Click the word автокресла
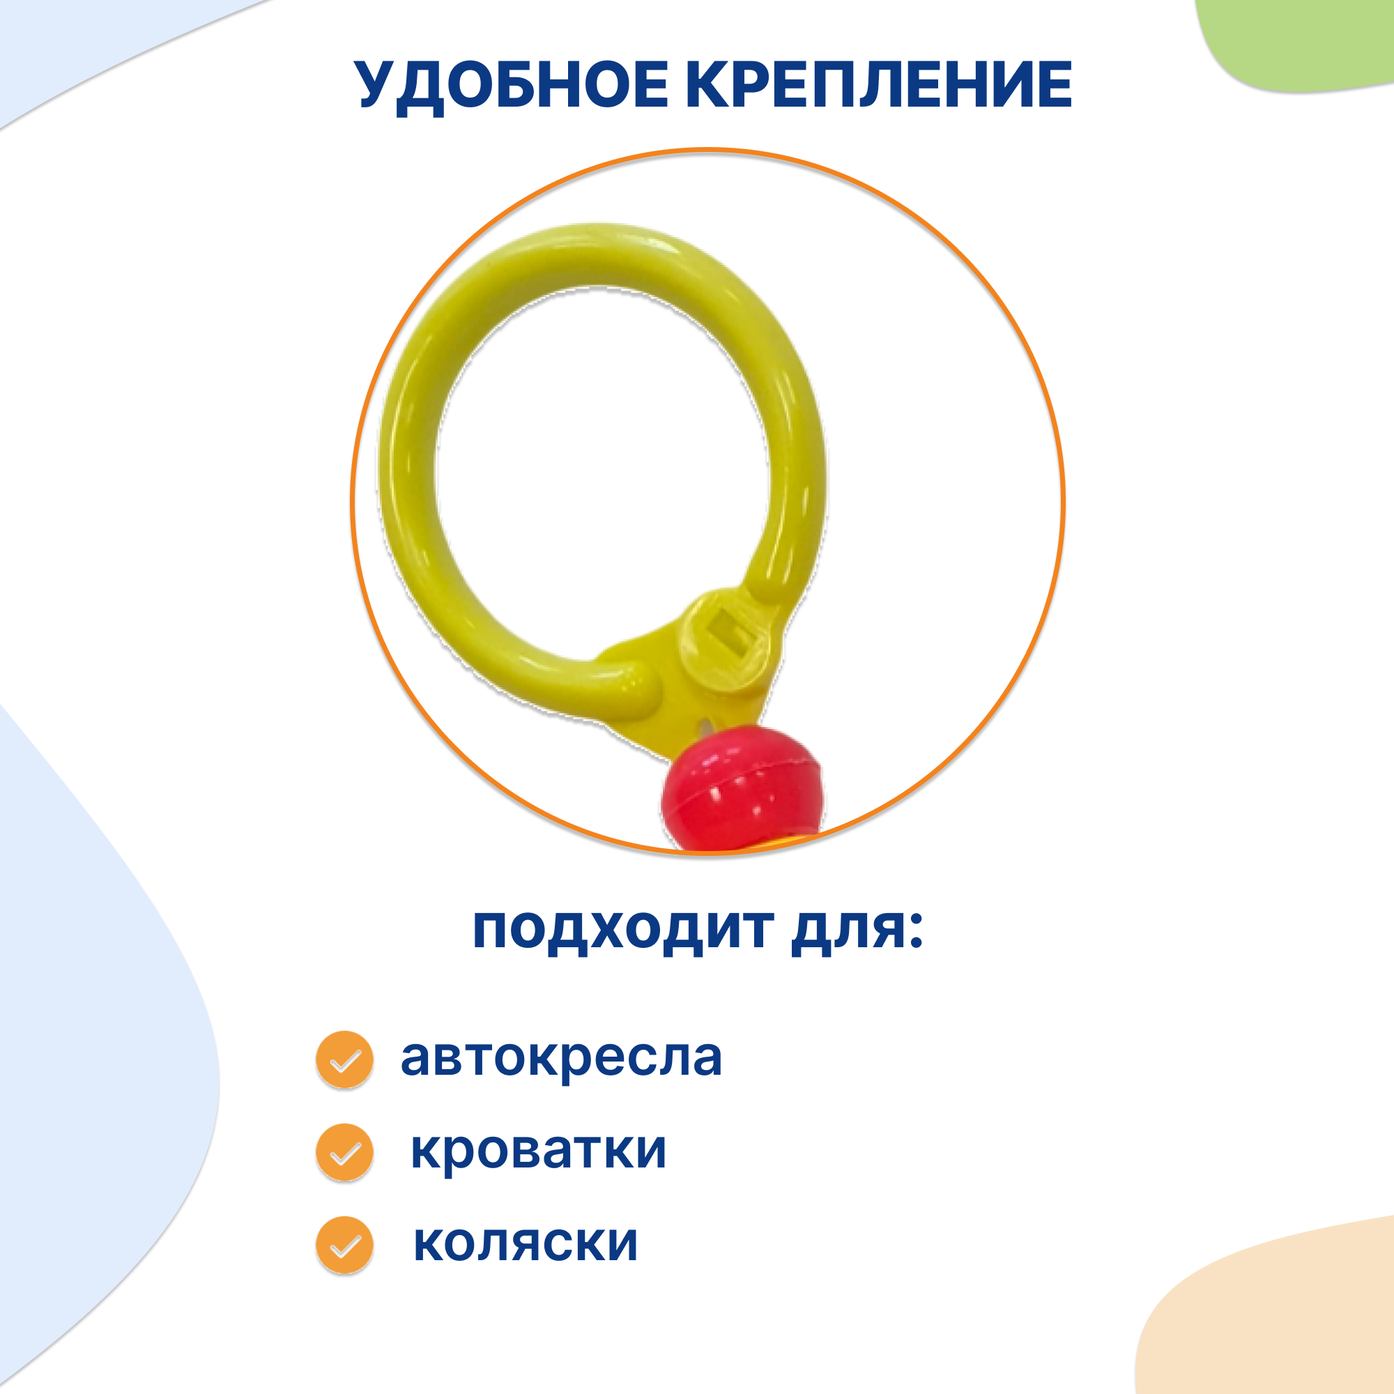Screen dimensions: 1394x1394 coord(561,1059)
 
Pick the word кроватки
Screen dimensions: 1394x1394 coord(538,1150)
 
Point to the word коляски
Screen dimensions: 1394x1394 coord(526,1243)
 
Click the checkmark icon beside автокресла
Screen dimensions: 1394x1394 coord(345,1059)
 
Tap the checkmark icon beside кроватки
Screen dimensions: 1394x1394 coord(345,1152)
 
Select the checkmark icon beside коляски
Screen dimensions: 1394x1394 coord(345,1245)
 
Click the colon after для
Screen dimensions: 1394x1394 coord(915,930)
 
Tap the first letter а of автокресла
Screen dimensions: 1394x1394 coord(415,1059)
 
